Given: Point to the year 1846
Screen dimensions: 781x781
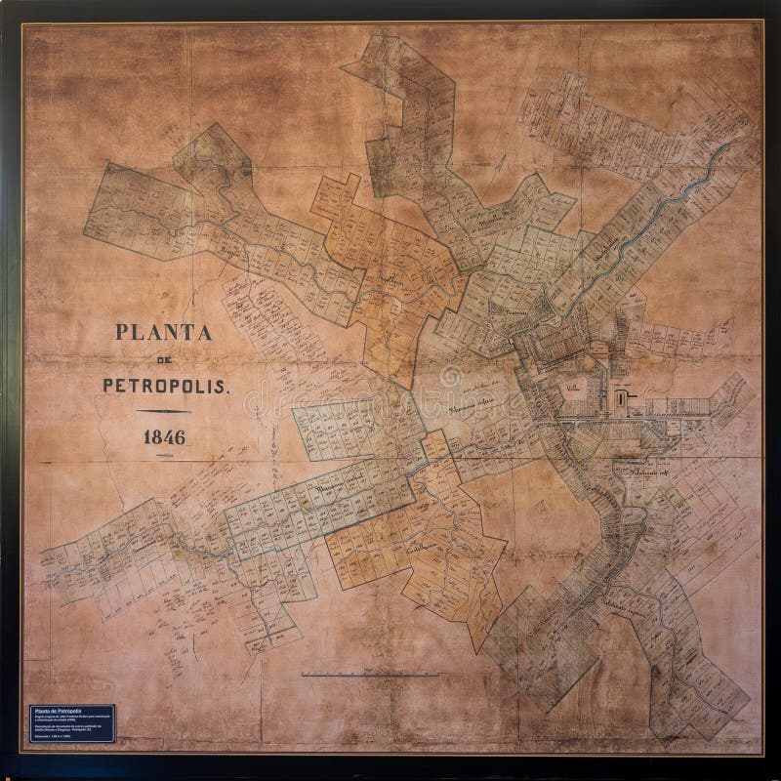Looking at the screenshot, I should click(x=164, y=436).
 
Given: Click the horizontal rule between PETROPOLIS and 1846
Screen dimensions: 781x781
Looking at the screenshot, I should click(x=164, y=410).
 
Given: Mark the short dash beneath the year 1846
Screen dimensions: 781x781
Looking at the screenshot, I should click(x=164, y=457).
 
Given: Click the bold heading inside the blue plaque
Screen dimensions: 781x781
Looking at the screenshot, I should click(x=56, y=710).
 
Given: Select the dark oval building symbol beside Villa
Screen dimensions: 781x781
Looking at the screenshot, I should click(x=618, y=396).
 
